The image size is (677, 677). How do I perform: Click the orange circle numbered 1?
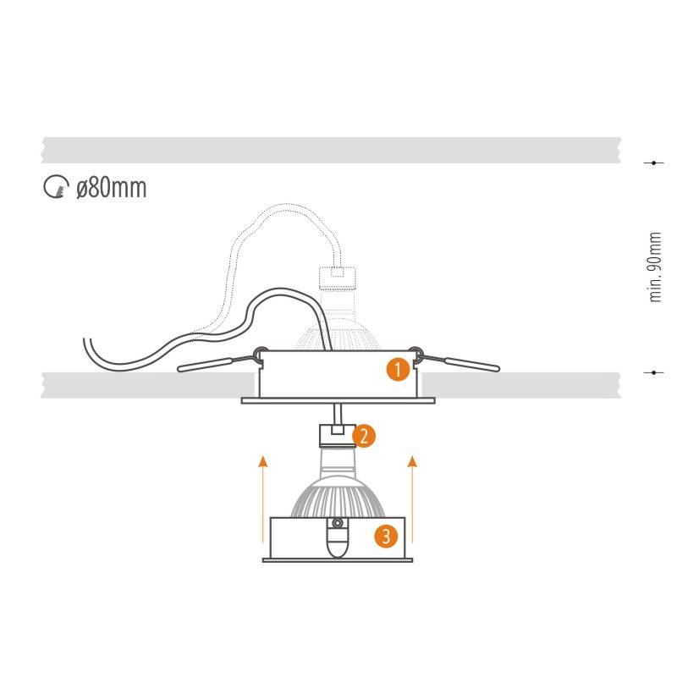coord(398,370)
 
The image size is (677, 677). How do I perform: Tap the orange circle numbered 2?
coord(364,436)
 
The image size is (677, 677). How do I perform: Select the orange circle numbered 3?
coord(386,537)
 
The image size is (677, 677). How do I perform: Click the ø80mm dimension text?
coord(112,188)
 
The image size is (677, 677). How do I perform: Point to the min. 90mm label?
coord(655,267)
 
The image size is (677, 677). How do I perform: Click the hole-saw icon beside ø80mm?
coord(56,186)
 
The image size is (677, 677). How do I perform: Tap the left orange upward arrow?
coord(262,498)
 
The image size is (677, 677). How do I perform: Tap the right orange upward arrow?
coord(412,498)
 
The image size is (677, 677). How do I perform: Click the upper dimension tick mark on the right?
coord(653,162)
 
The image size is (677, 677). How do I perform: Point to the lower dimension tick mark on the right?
coord(653,372)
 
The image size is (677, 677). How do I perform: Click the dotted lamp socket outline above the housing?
coord(337,278)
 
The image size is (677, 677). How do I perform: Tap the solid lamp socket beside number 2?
coord(337,436)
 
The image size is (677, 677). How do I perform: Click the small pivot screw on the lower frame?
coord(337,523)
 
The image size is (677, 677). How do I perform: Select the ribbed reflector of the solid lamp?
coord(338,497)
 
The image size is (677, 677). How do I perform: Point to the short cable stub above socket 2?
coord(338,415)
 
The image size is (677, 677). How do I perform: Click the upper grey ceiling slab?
coord(331,151)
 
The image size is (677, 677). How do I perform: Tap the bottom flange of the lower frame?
coord(338,560)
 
